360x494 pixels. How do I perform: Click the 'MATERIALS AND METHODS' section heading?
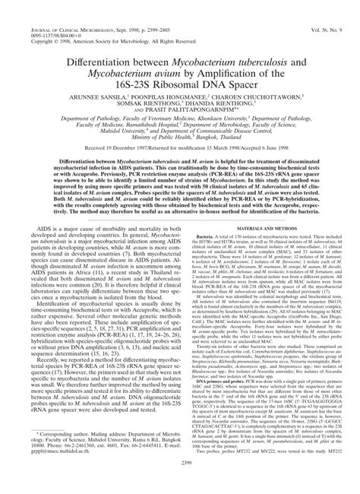click(270, 206)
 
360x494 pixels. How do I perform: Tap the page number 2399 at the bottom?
click(180, 482)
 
